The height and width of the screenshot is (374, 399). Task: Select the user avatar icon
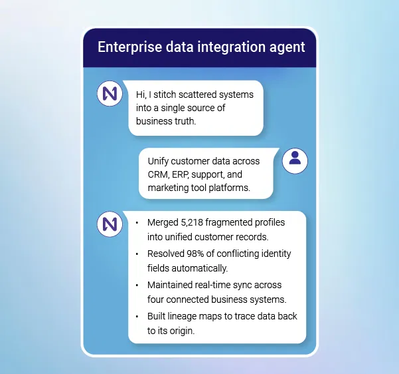click(295, 160)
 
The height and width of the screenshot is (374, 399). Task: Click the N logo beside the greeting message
click(110, 94)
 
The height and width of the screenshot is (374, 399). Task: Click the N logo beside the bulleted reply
click(110, 224)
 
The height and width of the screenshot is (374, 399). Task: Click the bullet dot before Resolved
click(137, 254)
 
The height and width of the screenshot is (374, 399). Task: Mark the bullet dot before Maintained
click(137, 285)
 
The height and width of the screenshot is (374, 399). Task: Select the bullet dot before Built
click(137, 316)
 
